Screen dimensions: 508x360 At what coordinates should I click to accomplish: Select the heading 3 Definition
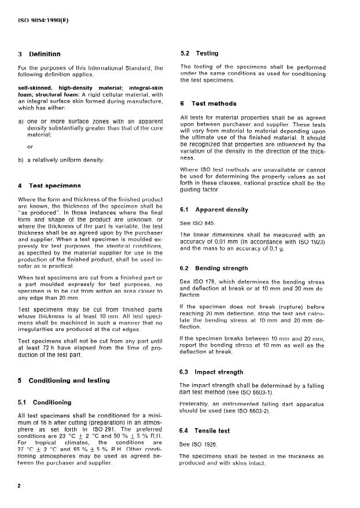point(39,54)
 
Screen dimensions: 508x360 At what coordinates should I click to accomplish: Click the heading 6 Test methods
point(208,104)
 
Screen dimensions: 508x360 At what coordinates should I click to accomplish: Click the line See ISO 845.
point(198,222)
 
